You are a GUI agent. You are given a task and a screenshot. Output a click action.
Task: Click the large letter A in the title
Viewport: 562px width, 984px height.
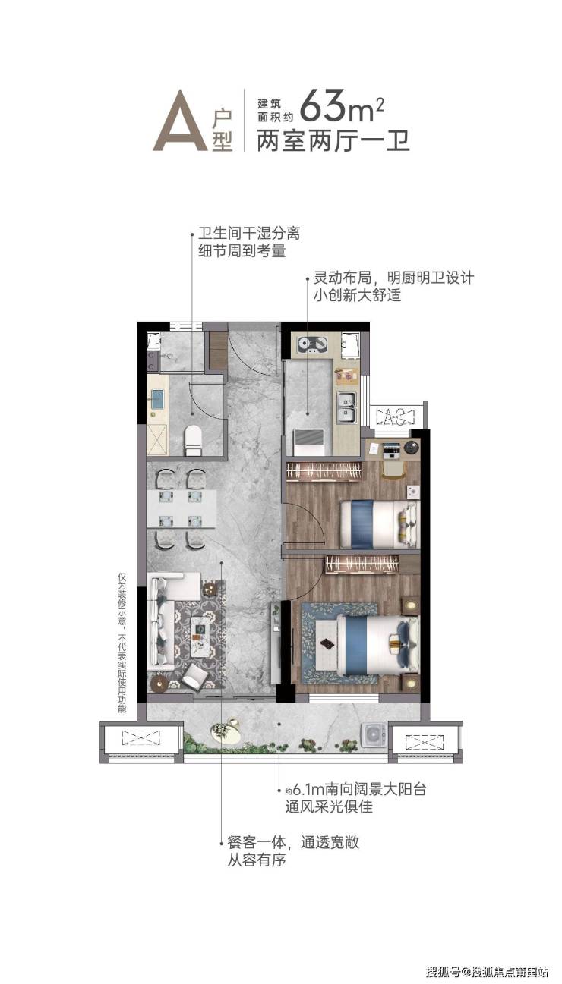(x=181, y=121)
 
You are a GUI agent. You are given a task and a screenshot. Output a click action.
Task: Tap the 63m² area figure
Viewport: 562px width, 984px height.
(x=342, y=106)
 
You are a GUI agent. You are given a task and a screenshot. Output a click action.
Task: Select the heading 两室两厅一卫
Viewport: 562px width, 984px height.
(x=333, y=140)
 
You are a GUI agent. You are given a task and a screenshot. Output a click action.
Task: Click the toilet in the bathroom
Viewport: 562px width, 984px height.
(x=193, y=440)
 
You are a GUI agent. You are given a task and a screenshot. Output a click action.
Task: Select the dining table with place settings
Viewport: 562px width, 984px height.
(x=182, y=509)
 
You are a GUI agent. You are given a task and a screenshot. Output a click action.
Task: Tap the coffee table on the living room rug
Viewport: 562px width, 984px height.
(x=201, y=631)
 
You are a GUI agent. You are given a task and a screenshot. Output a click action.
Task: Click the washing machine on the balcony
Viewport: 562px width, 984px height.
(x=374, y=734)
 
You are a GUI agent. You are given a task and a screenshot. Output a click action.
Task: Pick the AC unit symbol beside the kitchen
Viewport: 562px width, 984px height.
(x=396, y=417)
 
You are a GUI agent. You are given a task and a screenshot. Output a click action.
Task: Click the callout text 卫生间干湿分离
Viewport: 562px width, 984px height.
(x=249, y=233)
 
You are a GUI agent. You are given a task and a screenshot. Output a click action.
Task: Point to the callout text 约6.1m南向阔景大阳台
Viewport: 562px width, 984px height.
(x=355, y=789)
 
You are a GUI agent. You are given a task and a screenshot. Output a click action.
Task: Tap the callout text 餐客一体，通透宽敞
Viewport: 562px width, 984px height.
(x=293, y=843)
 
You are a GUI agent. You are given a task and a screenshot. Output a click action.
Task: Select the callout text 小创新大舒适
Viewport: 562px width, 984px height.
(x=357, y=295)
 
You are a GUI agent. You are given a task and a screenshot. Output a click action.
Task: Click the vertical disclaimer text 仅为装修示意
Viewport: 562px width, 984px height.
(x=122, y=599)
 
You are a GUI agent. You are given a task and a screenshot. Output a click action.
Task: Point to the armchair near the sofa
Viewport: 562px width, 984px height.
(x=193, y=677)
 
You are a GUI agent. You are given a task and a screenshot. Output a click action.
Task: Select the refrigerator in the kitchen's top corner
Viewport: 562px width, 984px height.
(x=350, y=347)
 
